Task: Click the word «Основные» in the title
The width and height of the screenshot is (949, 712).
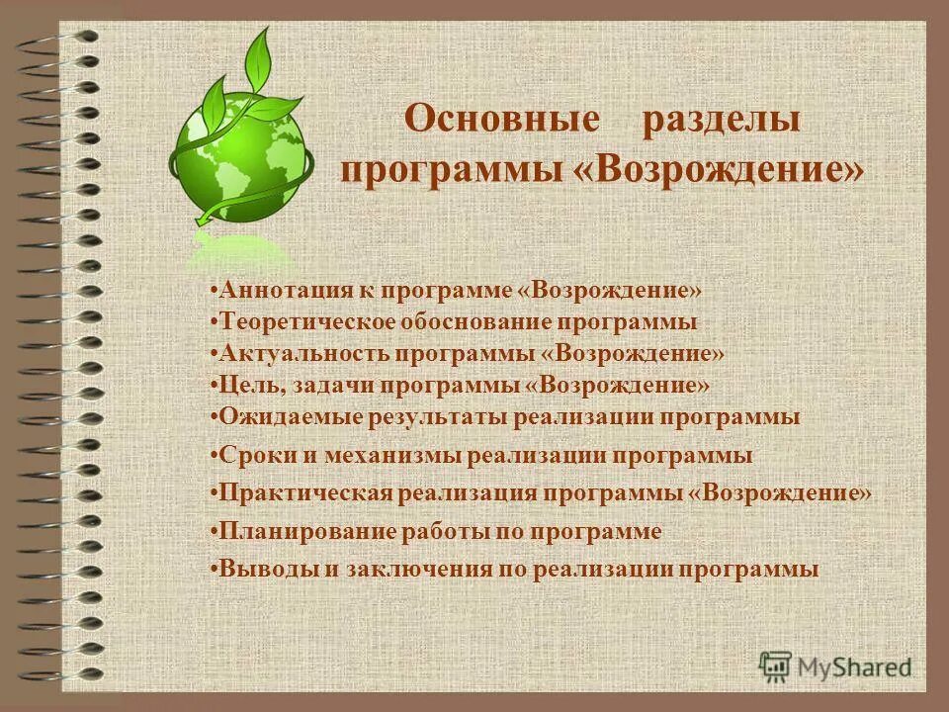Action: click(502, 120)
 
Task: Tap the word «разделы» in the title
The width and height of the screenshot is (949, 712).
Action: click(722, 120)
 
